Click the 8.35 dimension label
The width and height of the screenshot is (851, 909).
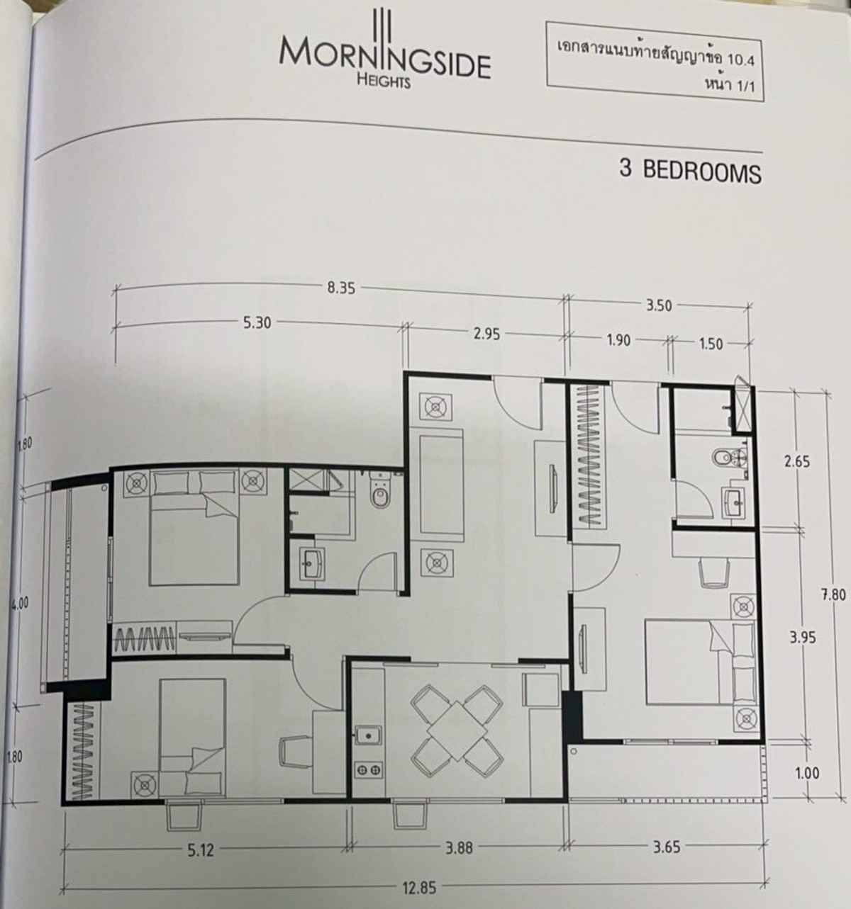[x=341, y=288]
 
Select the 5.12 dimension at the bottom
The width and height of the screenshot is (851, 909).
[x=201, y=850]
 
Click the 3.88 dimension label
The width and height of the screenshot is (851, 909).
[x=459, y=847]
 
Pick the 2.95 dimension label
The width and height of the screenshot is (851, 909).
[x=486, y=334]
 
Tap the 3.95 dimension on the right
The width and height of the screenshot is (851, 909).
[x=803, y=638]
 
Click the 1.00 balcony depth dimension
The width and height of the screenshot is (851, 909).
[x=807, y=773]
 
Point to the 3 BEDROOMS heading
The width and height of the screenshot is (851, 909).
[x=690, y=171]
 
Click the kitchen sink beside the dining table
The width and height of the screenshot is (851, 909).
[x=368, y=735]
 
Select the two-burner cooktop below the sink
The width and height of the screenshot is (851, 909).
[x=369, y=770]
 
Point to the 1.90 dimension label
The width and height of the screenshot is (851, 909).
[x=618, y=341]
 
